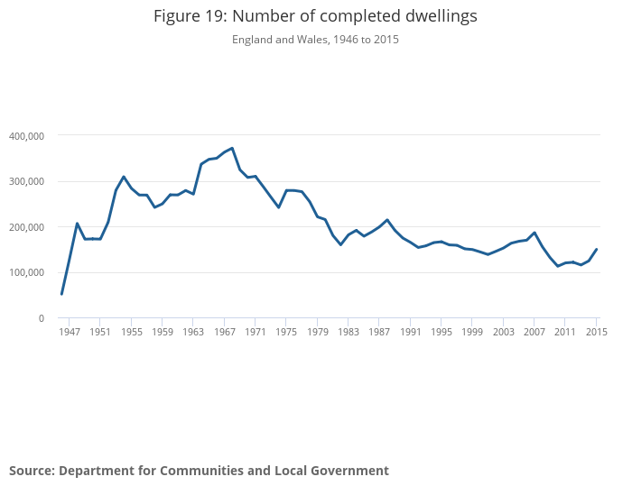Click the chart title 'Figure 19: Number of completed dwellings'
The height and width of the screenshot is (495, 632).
[x=315, y=16]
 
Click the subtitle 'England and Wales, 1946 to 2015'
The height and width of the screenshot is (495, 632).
[x=315, y=40]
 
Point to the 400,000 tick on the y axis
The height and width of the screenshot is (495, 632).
[x=26, y=136]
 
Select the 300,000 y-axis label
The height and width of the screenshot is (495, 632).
[x=26, y=181]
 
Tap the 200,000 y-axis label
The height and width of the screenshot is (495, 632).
[x=26, y=227]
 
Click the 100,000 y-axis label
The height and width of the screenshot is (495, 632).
[x=26, y=273]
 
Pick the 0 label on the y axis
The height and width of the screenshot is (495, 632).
[x=41, y=318]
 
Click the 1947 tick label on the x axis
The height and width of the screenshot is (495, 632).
[x=70, y=333]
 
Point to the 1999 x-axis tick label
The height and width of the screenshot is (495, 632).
[x=472, y=333]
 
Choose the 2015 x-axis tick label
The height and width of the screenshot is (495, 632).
[x=596, y=333]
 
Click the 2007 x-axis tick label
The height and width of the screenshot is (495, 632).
[x=534, y=333]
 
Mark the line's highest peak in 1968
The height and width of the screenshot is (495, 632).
[x=232, y=148]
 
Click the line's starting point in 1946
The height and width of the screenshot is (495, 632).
[x=61, y=294]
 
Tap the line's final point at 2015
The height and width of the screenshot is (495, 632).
[x=597, y=249]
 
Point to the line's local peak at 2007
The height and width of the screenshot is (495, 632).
[x=534, y=233]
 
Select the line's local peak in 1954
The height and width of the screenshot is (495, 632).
[x=124, y=177]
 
